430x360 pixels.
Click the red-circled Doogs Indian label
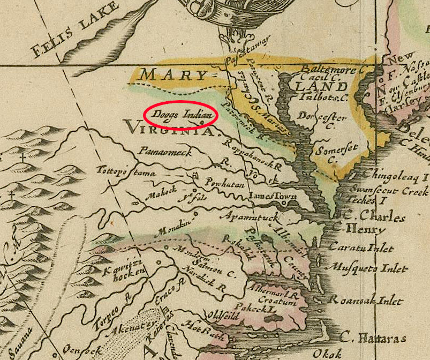[180, 114]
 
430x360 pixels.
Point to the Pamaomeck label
[162, 152]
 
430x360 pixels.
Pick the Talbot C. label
[323, 98]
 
